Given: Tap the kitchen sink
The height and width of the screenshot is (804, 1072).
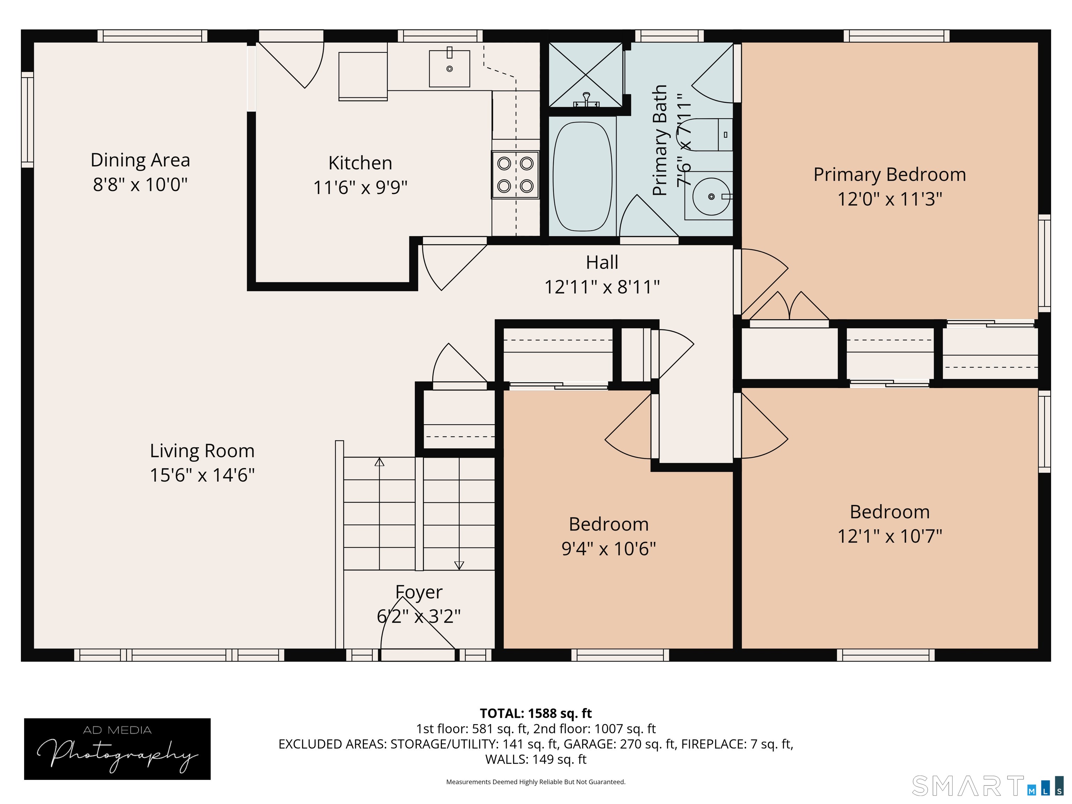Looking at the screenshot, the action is click(449, 68).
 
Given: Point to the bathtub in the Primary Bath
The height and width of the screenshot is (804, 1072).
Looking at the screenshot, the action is click(582, 177).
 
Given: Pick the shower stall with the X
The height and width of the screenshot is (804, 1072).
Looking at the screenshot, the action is click(586, 75).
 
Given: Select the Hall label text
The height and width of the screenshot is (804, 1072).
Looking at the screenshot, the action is click(602, 262).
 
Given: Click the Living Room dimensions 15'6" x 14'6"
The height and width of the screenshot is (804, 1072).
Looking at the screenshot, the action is click(202, 475).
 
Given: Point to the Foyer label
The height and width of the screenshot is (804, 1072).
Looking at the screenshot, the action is click(419, 592).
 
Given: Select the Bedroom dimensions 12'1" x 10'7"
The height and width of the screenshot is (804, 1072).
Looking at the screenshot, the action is click(890, 536).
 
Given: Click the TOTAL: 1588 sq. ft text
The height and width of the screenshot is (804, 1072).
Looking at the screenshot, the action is click(536, 713).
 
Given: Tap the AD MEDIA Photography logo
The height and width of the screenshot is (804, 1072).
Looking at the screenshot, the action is click(117, 749).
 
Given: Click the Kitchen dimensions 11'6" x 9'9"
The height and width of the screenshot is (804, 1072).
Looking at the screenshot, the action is click(360, 187).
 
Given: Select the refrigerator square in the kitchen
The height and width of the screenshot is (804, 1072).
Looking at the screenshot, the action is click(363, 76).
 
